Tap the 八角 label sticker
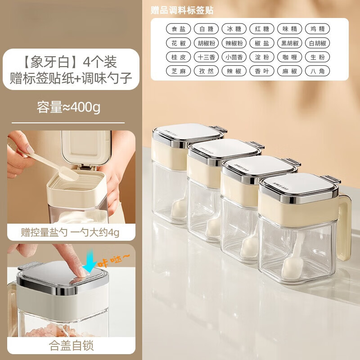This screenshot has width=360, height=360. coord(317,71)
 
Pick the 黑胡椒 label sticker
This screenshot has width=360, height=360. coord(289,43)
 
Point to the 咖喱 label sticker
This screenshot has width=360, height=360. coord(289,57)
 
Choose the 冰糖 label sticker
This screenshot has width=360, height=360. coord(234,29)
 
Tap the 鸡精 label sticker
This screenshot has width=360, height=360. coord(317,29)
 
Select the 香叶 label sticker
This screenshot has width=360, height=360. coord(262,71)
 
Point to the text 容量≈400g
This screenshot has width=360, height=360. coord(68,108)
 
